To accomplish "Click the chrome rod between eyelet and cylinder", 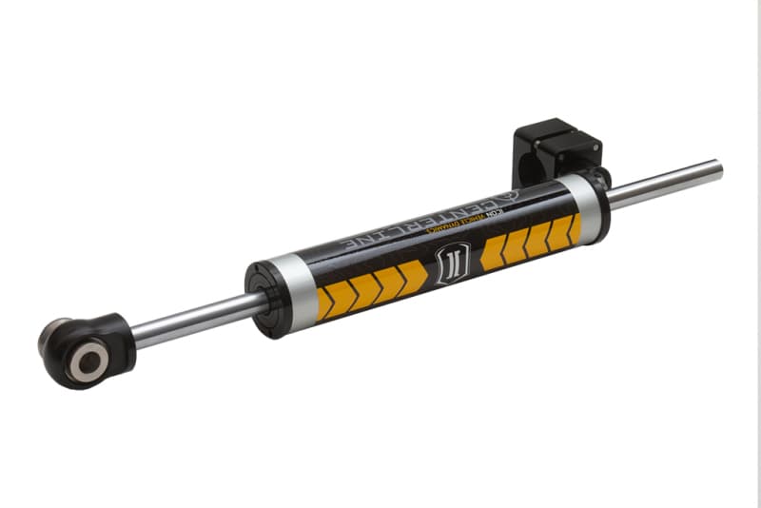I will (190, 320).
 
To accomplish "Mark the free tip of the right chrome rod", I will (717, 169).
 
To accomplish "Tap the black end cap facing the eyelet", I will (262, 300).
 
